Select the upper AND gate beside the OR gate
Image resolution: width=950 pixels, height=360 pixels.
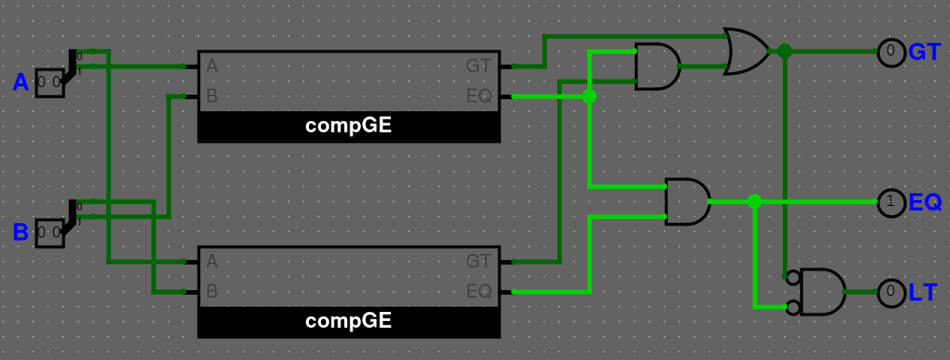pyautogui.click(x=657, y=66)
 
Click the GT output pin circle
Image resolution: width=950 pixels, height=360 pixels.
pyautogui.click(x=891, y=53)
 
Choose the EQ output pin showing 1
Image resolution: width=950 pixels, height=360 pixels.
pyautogui.click(x=891, y=202)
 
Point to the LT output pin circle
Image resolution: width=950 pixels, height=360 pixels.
pyautogui.click(x=891, y=292)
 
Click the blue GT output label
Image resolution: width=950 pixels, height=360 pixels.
pyautogui.click(x=924, y=53)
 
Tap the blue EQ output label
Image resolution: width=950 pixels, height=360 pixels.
pyautogui.click(x=925, y=202)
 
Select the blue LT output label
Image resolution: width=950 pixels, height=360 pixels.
pyautogui.click(x=923, y=292)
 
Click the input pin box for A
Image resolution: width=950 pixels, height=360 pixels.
pyautogui.click(x=49, y=83)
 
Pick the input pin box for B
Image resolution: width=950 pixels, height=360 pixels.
pyautogui.click(x=49, y=232)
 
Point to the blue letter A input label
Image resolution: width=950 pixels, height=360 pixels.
pyautogui.click(x=20, y=83)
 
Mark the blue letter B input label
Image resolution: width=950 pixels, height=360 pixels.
pyautogui.click(x=20, y=233)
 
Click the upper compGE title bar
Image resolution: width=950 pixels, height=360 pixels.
pyautogui.click(x=349, y=126)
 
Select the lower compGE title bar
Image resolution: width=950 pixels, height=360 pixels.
pyautogui.click(x=349, y=322)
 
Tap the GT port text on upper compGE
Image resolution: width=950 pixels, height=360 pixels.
pyautogui.click(x=479, y=66)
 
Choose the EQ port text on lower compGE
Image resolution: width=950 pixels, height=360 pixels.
pyautogui.click(x=479, y=292)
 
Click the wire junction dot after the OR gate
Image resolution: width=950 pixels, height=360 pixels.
pyautogui.click(x=785, y=51)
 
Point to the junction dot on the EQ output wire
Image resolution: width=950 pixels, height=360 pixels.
pyautogui.click(x=755, y=201)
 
